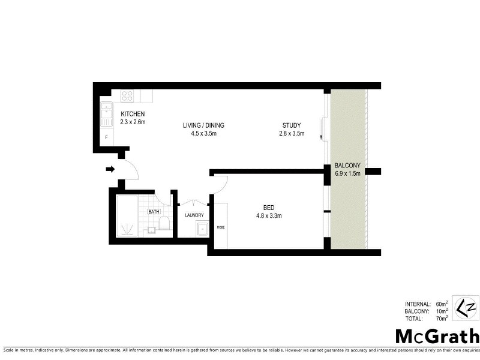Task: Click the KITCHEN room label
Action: pos(133,114)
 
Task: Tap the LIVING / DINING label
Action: pos(203,125)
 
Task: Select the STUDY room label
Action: pos(292,125)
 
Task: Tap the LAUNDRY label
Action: pos(194,215)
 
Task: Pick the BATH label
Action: pos(154,211)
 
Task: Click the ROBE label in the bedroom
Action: pos(220,227)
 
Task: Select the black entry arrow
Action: pos(110,169)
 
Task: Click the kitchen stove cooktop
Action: pos(127,95)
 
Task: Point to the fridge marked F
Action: pos(107,137)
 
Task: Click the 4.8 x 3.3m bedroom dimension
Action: pos(269,216)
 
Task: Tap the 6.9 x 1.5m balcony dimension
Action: pos(347,174)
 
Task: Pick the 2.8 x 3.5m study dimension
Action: pos(292,133)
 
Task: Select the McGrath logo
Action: pos(436,336)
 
